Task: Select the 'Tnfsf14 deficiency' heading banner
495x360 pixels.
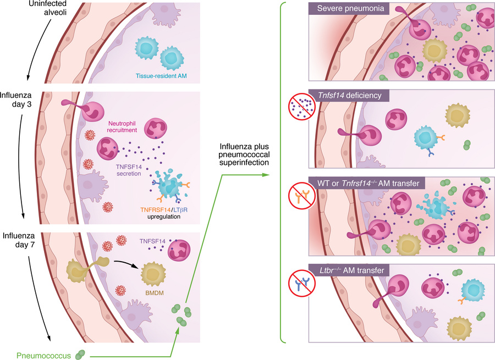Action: [x=350, y=96]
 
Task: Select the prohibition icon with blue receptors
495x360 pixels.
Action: [x=301, y=282]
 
